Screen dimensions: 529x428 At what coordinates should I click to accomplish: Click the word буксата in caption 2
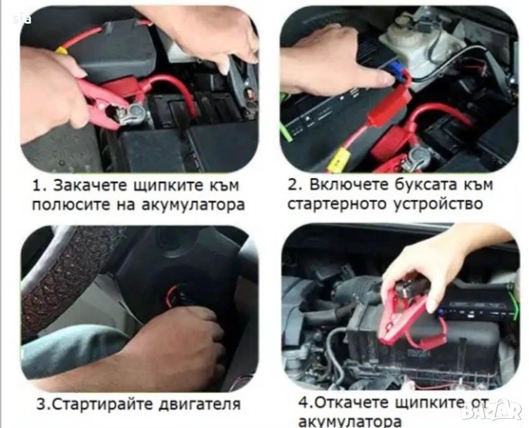[x=426, y=184]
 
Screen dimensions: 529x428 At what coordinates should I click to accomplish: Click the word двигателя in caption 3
[x=199, y=404]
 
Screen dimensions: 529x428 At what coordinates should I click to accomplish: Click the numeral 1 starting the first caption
[x=36, y=186]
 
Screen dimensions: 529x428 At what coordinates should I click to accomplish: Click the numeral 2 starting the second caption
[x=292, y=185]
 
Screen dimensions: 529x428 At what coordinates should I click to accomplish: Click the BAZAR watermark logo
[x=492, y=411]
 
